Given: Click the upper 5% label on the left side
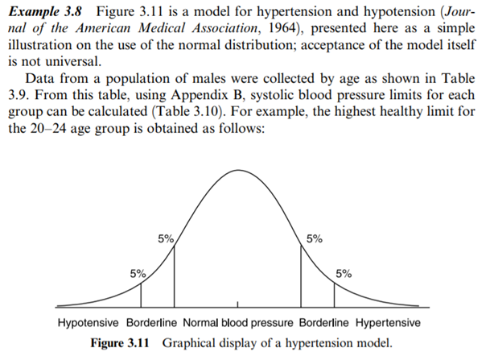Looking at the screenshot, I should [165, 238].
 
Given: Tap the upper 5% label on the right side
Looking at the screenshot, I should [315, 238].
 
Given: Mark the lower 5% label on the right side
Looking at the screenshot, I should [344, 272].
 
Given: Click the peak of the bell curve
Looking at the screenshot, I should [238, 171].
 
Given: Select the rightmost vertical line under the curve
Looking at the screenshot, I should [334, 293].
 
